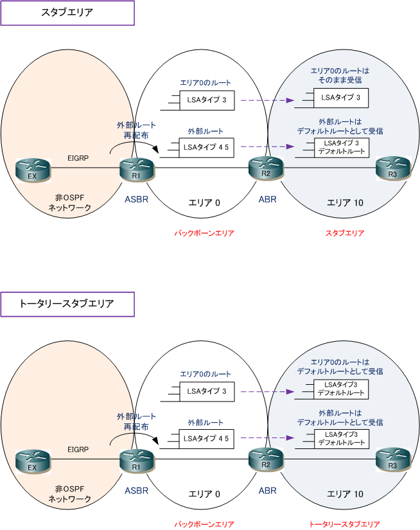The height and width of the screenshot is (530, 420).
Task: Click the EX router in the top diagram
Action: (x=33, y=170)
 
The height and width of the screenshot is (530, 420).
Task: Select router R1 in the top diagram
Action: (x=137, y=170)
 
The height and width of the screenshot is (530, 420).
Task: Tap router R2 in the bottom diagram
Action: (x=266, y=460)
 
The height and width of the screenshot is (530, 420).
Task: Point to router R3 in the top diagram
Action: (x=393, y=169)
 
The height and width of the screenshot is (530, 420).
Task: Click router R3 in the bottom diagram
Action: (x=393, y=460)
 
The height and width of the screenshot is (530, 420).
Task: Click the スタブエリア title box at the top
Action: (x=67, y=13)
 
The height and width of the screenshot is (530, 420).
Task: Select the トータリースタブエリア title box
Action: (x=67, y=305)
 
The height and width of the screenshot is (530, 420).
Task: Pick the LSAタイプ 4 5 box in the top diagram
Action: (x=206, y=147)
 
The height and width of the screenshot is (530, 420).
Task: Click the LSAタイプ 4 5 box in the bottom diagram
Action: (x=206, y=439)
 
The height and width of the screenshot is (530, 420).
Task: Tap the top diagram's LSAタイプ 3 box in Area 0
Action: (x=207, y=100)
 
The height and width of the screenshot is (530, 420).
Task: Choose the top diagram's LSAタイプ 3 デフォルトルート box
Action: (x=342, y=148)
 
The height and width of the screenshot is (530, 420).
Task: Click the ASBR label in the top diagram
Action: (x=137, y=199)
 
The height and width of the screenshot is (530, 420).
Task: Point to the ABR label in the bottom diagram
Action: (x=268, y=490)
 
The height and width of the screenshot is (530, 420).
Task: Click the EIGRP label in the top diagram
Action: (x=78, y=158)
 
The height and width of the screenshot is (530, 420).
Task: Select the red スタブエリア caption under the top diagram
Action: (x=345, y=233)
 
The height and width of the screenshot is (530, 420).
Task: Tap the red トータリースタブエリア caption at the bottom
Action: (x=345, y=524)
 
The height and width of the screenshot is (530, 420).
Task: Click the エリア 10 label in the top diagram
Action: (x=345, y=203)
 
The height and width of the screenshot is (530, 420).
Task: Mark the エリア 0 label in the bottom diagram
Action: (x=204, y=494)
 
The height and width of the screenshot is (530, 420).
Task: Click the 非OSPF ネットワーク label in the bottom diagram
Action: (x=69, y=494)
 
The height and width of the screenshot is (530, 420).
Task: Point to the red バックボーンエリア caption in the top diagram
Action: (x=204, y=233)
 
